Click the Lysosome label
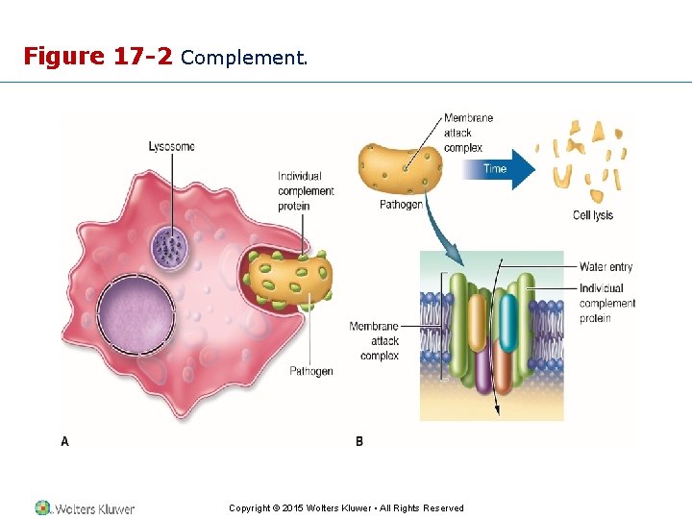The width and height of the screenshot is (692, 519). click(171, 146)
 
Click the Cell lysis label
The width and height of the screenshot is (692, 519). click(592, 215)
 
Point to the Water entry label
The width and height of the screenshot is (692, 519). click(605, 267)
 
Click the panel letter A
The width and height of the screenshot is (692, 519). click(64, 441)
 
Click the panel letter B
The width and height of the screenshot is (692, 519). click(358, 441)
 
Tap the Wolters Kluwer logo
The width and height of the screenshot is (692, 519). click(85, 508)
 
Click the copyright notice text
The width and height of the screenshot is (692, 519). click(346, 508)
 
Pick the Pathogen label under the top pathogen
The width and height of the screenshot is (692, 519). click(401, 205)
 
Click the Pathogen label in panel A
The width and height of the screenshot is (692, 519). click(311, 371)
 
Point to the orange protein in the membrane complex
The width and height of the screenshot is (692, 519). click(501, 370)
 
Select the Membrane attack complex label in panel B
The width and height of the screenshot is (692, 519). click(374, 341)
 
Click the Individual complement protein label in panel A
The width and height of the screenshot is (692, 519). click(306, 191)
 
